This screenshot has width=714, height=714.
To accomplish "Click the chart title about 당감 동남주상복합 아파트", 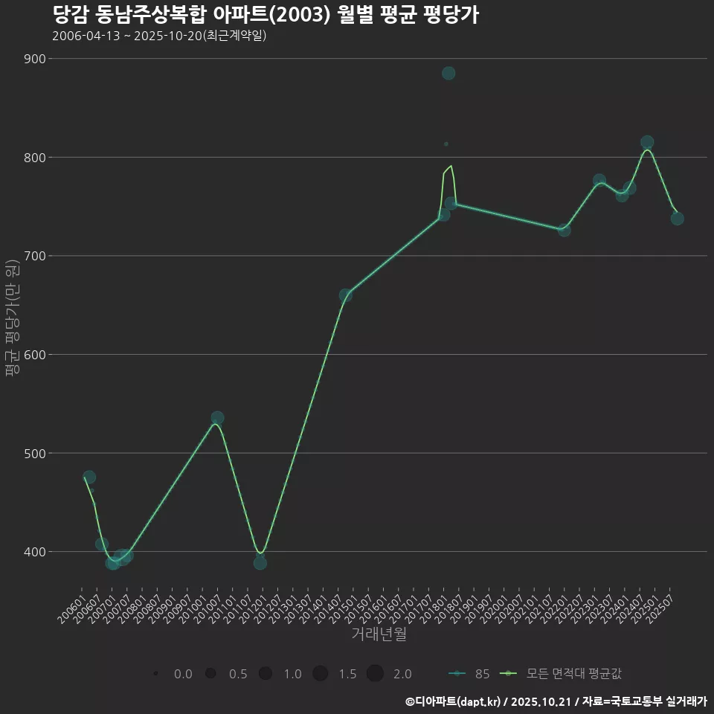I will (266, 15).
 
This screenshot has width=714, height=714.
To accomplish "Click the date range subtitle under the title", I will (159, 36).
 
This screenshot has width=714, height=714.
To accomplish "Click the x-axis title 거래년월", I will (379, 634).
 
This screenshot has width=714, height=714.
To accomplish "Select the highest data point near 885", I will (448, 73).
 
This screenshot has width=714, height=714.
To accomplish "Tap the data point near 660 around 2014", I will (346, 295).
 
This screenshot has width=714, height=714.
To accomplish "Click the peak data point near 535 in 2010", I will (217, 418).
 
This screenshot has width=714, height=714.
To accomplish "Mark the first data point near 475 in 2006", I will (89, 477).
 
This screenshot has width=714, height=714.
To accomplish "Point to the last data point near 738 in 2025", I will (677, 218).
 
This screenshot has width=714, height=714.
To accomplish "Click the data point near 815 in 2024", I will (647, 142).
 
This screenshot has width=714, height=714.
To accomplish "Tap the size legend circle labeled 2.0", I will (375, 674).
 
